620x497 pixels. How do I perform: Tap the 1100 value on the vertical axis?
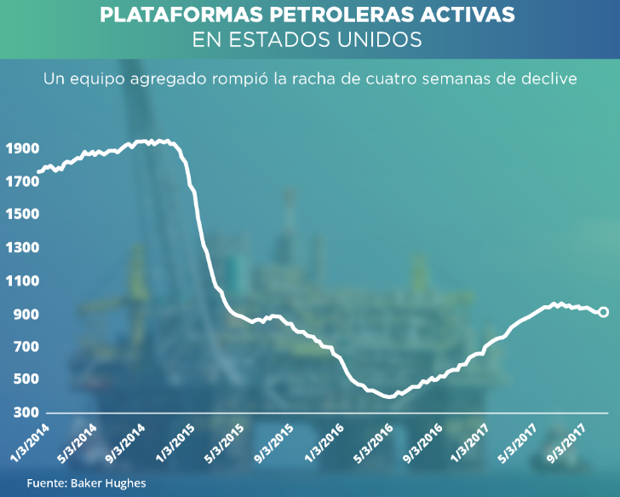[x=21, y=280]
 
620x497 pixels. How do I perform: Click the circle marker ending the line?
[x=604, y=312]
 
